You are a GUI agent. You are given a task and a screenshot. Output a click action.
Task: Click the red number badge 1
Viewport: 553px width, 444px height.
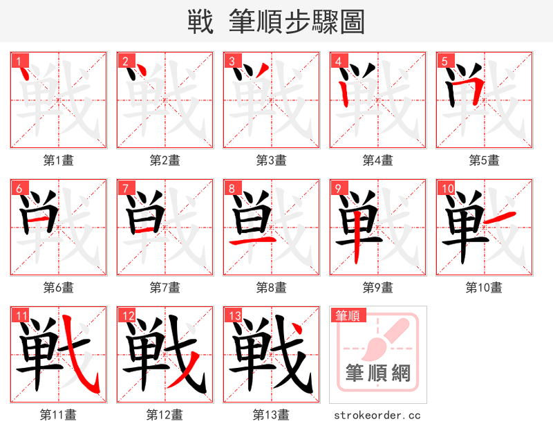pos(18,60)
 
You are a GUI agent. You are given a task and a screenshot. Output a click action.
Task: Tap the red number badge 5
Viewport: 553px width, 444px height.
pos(444,60)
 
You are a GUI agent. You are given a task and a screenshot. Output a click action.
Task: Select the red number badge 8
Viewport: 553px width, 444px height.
pos(231,188)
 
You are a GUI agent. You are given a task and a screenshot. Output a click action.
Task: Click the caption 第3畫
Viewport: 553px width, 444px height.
pos(271,160)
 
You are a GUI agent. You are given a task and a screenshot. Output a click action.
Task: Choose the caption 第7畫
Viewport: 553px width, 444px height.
pos(165,287)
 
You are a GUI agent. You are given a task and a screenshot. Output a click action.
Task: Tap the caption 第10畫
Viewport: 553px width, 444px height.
pos(484,287)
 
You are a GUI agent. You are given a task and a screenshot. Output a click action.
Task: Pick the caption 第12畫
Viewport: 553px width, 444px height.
pos(165,415)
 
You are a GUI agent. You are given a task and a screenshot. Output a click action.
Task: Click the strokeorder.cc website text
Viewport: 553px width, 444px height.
pos(377,416)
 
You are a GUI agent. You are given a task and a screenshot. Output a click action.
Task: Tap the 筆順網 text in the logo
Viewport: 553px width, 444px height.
pos(378,373)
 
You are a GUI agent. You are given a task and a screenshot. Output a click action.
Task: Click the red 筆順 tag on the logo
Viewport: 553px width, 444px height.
pos(347,316)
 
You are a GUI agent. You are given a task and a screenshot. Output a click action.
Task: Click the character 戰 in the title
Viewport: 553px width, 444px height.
pos(200,22)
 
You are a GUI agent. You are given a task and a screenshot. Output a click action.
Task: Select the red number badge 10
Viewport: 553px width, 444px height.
pos(446,188)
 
